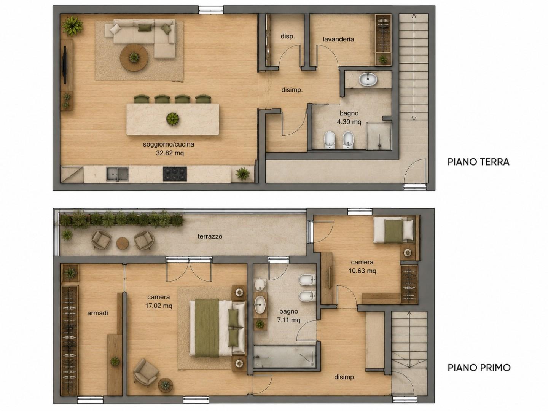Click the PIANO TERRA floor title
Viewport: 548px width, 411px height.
478,162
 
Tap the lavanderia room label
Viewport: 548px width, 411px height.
338,39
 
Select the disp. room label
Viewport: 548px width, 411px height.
288,37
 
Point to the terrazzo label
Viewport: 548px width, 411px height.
210,236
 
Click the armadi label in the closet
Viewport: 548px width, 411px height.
98,313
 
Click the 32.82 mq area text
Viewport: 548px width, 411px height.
170,153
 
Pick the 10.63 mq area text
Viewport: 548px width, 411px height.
362,271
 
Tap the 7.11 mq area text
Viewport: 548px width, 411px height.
288,320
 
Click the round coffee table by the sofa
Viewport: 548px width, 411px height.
134,57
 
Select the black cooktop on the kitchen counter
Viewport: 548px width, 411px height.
175,174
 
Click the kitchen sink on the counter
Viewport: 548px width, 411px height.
118,174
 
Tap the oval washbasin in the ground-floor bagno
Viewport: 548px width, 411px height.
368,80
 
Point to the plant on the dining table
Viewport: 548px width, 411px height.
172,118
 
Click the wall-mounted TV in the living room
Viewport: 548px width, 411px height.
64,65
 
